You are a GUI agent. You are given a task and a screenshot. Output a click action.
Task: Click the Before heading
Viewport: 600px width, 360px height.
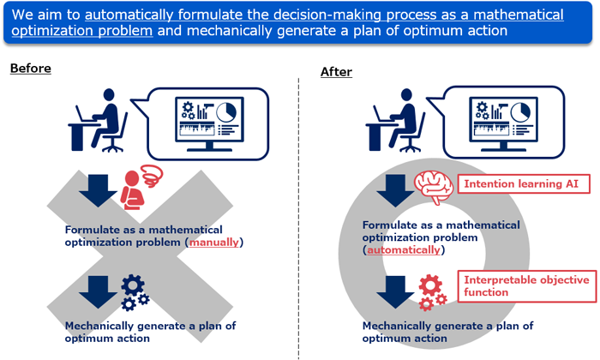[x=31, y=69]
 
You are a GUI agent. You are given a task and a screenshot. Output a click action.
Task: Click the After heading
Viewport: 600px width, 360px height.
[x=336, y=72]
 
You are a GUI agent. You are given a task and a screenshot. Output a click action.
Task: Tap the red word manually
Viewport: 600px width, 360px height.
[x=214, y=243]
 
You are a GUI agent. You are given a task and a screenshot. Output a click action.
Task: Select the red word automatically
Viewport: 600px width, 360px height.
[x=404, y=249]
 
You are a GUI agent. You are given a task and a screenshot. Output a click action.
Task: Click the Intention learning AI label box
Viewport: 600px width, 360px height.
[x=524, y=183]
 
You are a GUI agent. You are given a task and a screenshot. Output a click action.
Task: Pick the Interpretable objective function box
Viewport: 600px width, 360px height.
[x=527, y=286]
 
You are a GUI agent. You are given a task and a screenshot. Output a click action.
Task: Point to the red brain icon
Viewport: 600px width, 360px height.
[x=434, y=187]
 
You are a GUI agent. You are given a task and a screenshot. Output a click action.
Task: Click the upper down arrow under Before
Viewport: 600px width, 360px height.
[x=98, y=190]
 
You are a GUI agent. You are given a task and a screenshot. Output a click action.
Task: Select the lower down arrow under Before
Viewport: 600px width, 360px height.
[x=98, y=292]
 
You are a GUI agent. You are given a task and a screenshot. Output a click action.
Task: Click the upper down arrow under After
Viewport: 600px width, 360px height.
[x=395, y=190]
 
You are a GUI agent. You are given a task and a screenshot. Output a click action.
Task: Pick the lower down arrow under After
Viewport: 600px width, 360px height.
[x=395, y=292]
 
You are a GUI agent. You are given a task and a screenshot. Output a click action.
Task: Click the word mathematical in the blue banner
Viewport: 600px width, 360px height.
[x=519, y=15]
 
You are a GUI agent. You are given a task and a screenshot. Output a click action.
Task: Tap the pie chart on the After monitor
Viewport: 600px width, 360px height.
[x=520, y=111]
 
